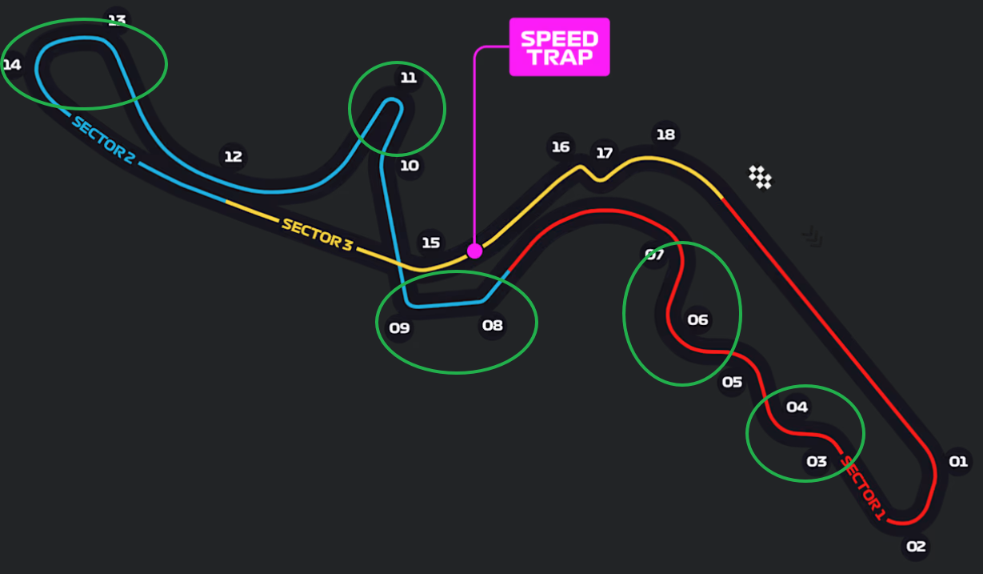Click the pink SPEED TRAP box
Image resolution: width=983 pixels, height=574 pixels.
560,47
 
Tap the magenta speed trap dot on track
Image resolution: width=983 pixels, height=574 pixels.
474,251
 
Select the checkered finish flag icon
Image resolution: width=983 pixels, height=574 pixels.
760,177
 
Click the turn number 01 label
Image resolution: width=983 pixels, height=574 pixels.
958,462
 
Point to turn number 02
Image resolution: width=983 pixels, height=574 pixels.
916,546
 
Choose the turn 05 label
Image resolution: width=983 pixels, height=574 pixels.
732,382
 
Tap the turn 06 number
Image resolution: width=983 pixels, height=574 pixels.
697,319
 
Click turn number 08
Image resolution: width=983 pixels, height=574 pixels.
493,326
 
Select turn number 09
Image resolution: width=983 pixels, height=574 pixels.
399,327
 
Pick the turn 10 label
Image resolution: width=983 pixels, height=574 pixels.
410,166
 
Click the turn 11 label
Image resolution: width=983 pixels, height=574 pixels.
409,78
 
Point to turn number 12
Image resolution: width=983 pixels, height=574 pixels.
233,156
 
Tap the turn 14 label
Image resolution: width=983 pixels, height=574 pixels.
12,65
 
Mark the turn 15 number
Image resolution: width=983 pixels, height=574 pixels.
430,243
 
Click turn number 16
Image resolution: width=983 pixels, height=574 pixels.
561,147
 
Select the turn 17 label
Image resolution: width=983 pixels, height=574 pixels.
605,153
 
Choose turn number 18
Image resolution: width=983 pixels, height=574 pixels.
665,134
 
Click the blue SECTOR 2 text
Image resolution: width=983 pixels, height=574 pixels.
103,139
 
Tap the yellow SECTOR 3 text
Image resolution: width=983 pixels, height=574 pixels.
318,235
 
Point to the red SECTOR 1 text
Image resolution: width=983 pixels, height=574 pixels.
862,488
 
